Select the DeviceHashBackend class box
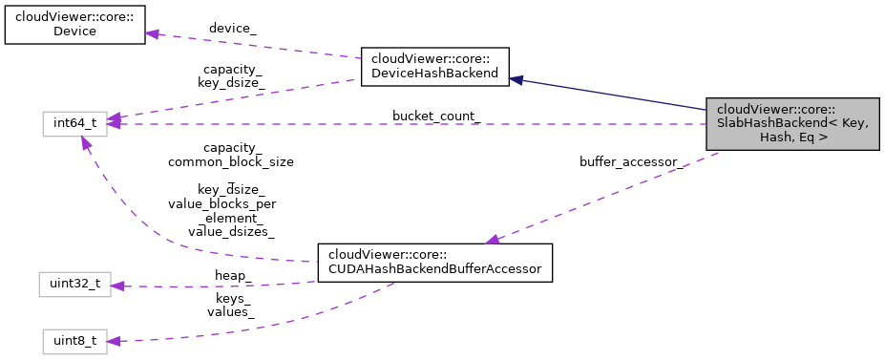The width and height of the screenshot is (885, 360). [x=433, y=67]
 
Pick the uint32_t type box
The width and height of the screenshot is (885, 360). [x=74, y=284]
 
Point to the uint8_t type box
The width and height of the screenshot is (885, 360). [x=74, y=341]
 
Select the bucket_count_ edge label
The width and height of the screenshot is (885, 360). [x=435, y=116]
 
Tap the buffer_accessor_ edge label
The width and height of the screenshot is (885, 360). [x=631, y=162]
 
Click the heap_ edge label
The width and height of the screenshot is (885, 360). [x=232, y=275]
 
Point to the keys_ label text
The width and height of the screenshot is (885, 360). [x=234, y=298]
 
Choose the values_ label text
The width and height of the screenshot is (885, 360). [x=234, y=311]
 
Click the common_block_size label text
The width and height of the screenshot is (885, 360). [x=230, y=162]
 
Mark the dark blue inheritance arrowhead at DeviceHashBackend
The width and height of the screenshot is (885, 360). [x=516, y=80]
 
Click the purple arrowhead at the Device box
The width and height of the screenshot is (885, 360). [x=151, y=33]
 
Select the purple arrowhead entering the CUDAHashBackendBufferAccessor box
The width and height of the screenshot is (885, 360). [x=493, y=241]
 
